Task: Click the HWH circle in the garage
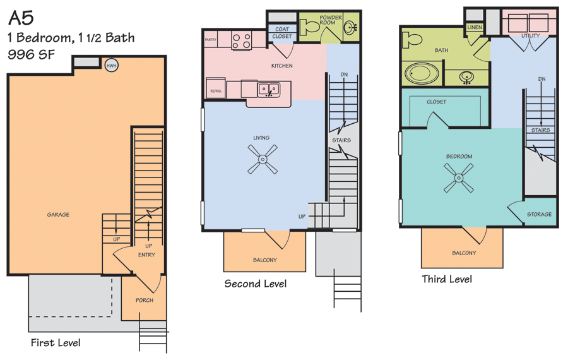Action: coord(112,66)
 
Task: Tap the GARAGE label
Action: coord(58,215)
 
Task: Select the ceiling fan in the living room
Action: coord(263,159)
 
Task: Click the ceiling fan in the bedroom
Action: coord(459,177)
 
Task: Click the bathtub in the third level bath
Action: coord(422,74)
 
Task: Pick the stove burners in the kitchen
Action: coord(241,40)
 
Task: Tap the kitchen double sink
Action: coord(268,90)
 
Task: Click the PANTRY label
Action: coord(210,40)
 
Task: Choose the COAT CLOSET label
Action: coord(282,33)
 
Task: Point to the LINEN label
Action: coord(474,27)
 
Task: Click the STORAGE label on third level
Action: coord(539,214)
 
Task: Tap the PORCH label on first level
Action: coord(144,300)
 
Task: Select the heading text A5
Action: coord(21,18)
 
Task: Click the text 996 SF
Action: coord(31,54)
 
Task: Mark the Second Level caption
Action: coord(256,284)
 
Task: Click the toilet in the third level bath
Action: coord(412,39)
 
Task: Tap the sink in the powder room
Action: coord(350,27)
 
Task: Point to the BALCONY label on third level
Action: coord(464,253)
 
